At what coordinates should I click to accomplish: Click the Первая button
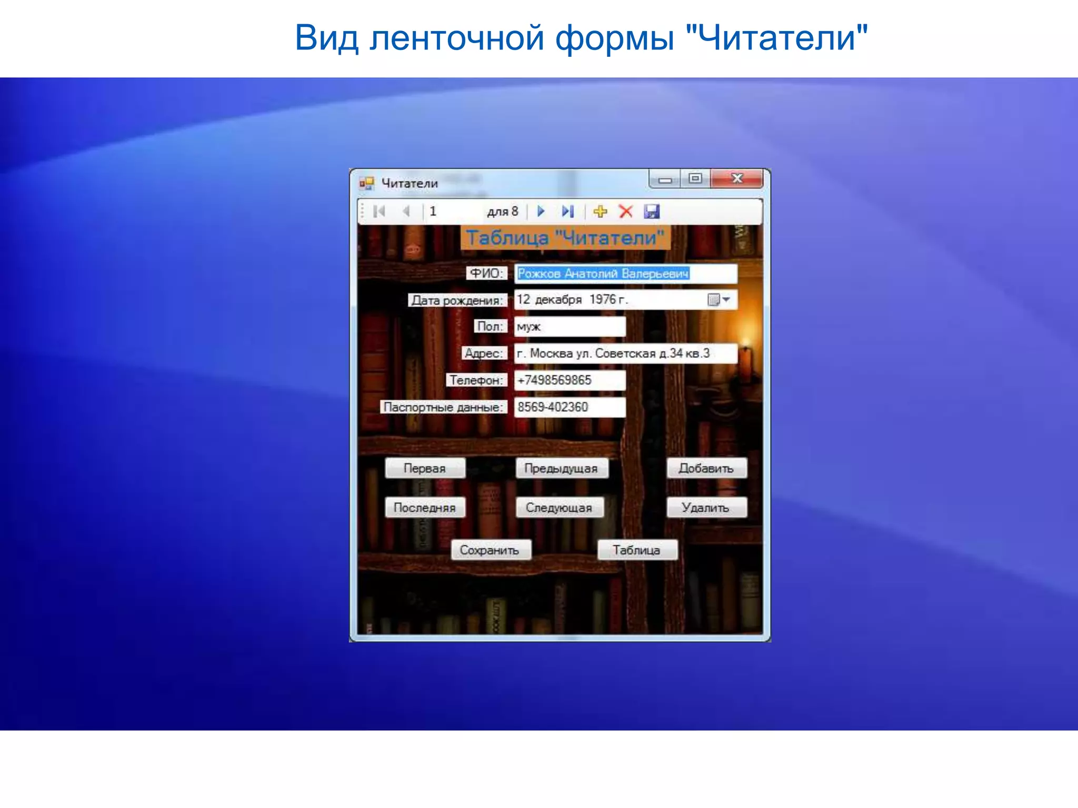tap(425, 468)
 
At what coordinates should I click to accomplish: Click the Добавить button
tap(706, 468)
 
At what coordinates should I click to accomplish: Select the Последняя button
tap(425, 508)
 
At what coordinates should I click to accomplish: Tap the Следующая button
tap(559, 508)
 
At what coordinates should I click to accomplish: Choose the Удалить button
tap(706, 508)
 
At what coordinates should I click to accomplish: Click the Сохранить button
tap(490, 550)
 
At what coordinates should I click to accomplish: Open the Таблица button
tap(636, 550)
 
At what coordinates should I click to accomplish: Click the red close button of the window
tap(736, 179)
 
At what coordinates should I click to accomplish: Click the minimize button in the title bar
tap(665, 179)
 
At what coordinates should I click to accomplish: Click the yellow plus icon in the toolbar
tap(600, 211)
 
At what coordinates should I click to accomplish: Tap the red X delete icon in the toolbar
tap(626, 211)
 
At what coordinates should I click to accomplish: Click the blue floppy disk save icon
tap(652, 211)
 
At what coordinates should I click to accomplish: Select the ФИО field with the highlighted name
tap(625, 274)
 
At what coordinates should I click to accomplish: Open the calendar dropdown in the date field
tap(726, 300)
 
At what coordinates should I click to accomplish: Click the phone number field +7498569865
tap(570, 380)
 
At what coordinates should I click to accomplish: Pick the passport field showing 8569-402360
tap(570, 407)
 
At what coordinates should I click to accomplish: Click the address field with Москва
tap(625, 353)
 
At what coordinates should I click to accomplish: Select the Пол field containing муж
tap(570, 327)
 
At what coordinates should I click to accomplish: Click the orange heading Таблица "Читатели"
tap(565, 238)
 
